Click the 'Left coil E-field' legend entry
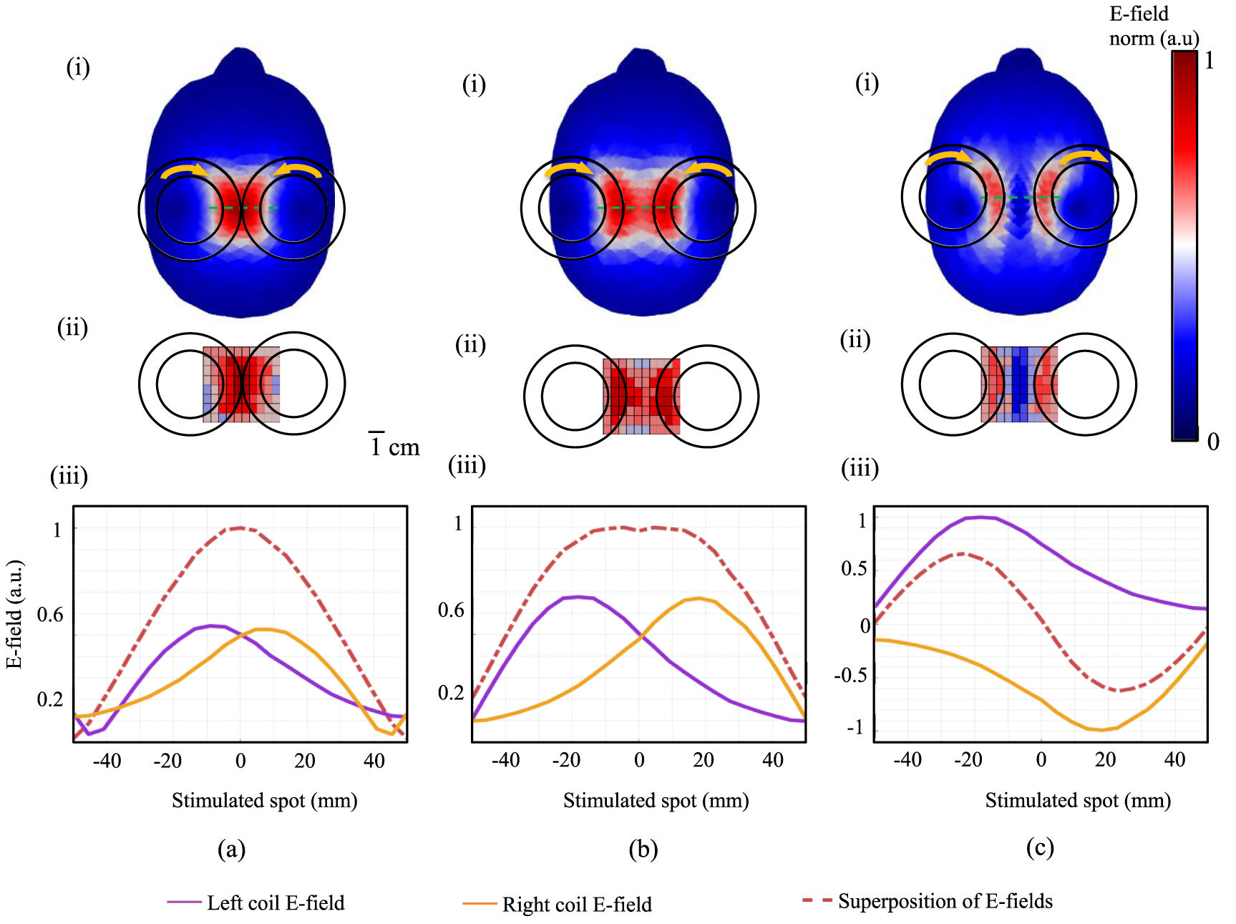[x=276, y=903]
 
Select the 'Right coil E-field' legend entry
[x=577, y=905]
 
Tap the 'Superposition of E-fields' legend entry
[x=945, y=901]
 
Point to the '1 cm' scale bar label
[x=394, y=447]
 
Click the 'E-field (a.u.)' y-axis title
[x=14, y=614]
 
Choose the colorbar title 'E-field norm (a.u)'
[x=1153, y=26]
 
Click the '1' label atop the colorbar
[x=1210, y=61]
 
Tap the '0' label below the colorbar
[x=1212, y=442]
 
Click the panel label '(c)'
[x=1040, y=847]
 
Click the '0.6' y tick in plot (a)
[x=50, y=615]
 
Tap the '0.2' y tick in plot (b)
[x=451, y=693]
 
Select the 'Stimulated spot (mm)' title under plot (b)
[x=656, y=800]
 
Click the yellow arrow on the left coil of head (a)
[x=183, y=170]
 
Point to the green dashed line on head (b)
[x=638, y=208]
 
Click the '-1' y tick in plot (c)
[x=856, y=728]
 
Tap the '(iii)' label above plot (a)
[x=69, y=476]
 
